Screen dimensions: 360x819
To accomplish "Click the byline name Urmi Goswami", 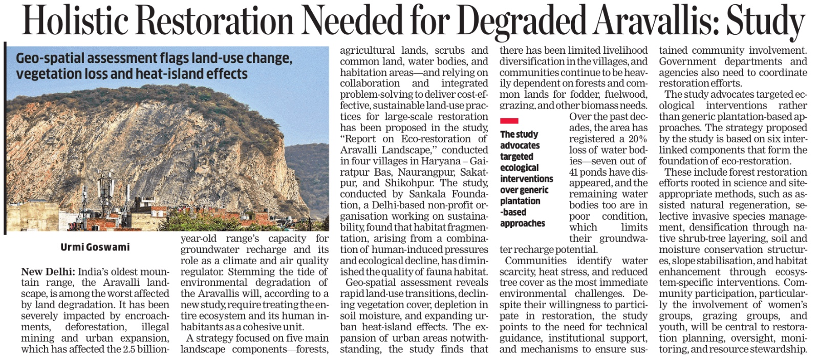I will pos(95,247).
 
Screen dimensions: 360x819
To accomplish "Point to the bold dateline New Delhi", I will pos(48,271).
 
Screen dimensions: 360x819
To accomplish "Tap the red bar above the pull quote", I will pos(509,121).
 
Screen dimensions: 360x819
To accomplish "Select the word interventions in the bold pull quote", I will pos(527,179).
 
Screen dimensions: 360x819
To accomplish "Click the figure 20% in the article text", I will pos(637,139).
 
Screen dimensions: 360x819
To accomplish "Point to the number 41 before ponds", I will pos(574,172).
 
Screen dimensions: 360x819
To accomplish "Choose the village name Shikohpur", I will pos(408,183).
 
